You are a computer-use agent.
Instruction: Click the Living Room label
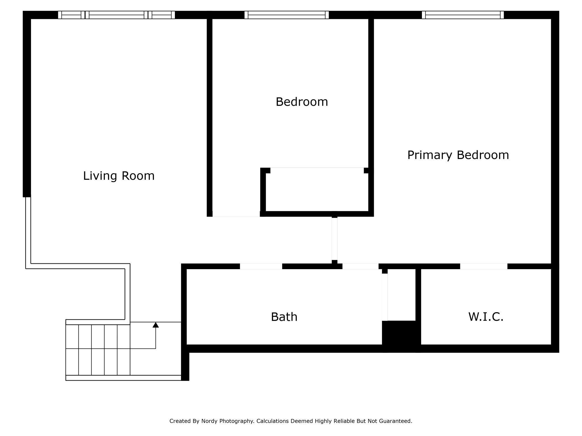(119, 176)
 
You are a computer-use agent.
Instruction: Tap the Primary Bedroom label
(458, 155)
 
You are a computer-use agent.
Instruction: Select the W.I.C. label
(486, 317)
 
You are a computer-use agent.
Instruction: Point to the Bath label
(284, 317)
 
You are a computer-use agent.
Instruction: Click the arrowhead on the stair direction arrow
(156, 325)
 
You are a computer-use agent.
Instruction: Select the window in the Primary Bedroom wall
(463, 15)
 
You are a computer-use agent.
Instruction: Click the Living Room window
(116, 15)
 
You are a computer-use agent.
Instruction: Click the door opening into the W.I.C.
(484, 266)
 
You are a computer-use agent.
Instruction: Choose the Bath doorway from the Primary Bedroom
(360, 266)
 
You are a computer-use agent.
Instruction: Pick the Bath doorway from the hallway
(261, 266)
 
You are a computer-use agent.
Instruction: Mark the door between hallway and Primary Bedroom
(334, 239)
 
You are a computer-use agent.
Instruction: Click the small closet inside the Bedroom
(317, 192)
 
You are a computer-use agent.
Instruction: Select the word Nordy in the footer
(210, 421)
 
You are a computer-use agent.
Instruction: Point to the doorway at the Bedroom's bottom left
(236, 214)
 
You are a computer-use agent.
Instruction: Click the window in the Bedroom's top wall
(287, 15)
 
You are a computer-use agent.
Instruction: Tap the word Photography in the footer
(236, 421)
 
